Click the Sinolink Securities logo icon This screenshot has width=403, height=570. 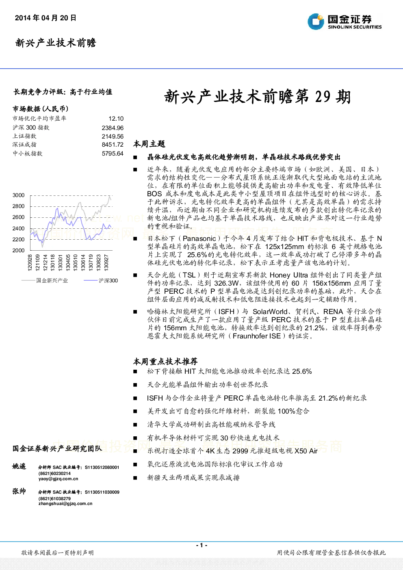pyautogui.click(x=316, y=22)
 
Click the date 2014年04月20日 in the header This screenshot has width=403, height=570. pyautogui.click(x=45, y=18)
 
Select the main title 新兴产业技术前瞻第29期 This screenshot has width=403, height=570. pyautogui.click(x=258, y=97)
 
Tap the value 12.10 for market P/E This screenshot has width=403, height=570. pyautogui.click(x=116, y=119)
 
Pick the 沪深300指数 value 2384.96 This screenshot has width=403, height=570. pyautogui.click(x=113, y=128)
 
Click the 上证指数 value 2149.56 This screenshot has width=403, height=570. pyautogui.click(x=113, y=137)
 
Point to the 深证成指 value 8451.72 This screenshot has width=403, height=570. pyautogui.click(x=113, y=145)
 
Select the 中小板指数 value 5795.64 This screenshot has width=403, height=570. pyautogui.click(x=113, y=154)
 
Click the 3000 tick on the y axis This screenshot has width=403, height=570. pyautogui.click(x=19, y=195)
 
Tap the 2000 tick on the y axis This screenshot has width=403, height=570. pyautogui.click(x=19, y=250)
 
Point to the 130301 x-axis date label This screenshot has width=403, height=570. pyautogui.click(x=60, y=262)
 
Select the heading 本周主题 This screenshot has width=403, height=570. pyautogui.click(x=149, y=144)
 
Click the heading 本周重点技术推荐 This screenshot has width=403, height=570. pyautogui.click(x=165, y=361)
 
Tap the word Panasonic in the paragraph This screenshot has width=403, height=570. pyautogui.click(x=199, y=238)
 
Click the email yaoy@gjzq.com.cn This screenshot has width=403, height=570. pyautogui.click(x=58, y=479)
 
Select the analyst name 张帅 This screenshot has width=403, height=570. pyautogui.click(x=19, y=491)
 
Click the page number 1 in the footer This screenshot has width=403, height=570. pyautogui.click(x=201, y=545)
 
